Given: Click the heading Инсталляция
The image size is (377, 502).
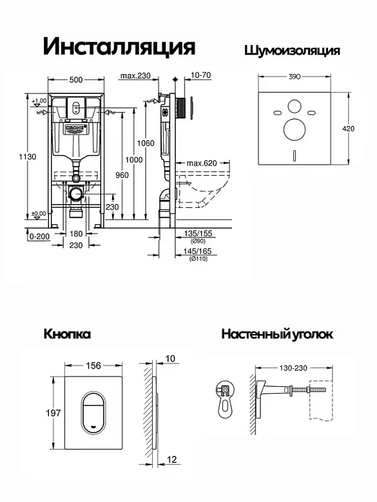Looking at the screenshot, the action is point(119,47).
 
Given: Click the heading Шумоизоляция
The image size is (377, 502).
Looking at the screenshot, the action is point(292,51).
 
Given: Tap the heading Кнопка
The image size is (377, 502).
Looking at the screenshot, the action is point(67,334).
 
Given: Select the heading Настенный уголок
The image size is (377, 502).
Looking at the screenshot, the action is point(277,334).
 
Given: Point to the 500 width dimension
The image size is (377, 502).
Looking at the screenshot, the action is point(76,80).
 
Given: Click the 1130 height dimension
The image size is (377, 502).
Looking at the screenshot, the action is point(28,157).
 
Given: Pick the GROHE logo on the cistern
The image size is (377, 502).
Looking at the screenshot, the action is point(76,128).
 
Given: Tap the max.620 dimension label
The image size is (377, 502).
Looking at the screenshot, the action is point(202,163).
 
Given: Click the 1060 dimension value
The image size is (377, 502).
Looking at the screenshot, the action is point(146,143).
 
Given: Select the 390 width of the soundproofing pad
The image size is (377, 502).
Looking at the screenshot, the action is point(295,77).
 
